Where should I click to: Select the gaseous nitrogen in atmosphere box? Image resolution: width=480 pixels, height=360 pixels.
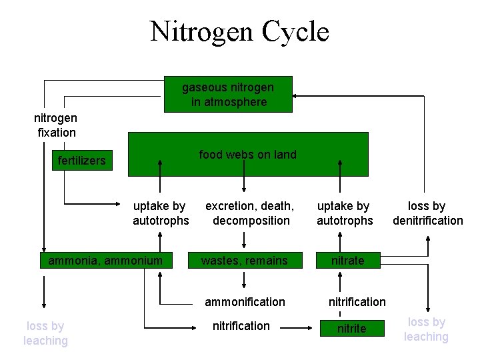click(228, 95)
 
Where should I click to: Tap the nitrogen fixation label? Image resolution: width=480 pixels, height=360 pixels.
click(56, 125)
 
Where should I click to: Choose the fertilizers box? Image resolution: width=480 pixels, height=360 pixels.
click(81, 161)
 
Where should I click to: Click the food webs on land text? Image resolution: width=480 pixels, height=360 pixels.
click(247, 155)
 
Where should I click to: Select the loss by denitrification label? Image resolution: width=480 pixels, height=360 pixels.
click(427, 213)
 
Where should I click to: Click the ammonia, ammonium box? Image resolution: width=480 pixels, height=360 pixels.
click(105, 261)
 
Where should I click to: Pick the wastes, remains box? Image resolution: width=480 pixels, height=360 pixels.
click(245, 261)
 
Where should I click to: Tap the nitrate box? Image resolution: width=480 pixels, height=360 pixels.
click(347, 261)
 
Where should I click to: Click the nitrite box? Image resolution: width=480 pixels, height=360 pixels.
click(351, 329)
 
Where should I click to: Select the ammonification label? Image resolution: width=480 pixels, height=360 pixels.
click(245, 302)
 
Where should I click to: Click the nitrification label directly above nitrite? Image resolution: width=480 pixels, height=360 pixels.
click(357, 302)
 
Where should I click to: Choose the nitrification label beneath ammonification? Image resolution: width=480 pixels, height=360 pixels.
click(241, 326)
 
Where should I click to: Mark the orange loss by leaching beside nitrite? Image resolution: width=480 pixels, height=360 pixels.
click(426, 329)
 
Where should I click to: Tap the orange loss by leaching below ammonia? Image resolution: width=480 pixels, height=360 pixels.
click(45, 333)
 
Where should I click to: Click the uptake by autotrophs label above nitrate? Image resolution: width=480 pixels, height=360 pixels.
click(344, 213)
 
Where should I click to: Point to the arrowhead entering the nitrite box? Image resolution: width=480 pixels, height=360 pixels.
click(315, 327)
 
